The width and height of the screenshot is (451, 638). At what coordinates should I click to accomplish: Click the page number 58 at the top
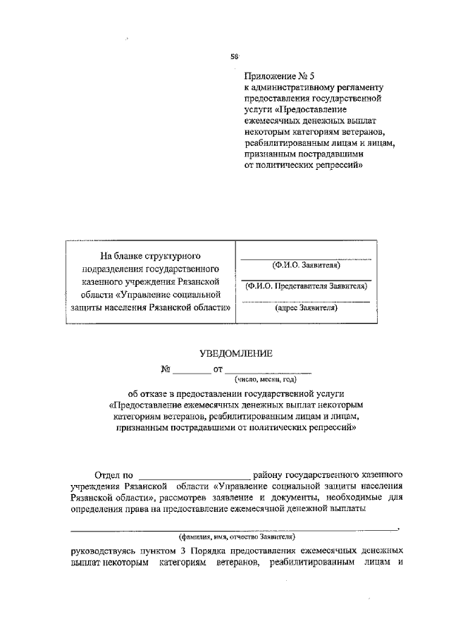point(235,56)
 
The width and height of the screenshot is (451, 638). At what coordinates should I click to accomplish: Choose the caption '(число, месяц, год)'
point(266,379)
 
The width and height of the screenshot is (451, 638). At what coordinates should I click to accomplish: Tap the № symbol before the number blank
point(166,369)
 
